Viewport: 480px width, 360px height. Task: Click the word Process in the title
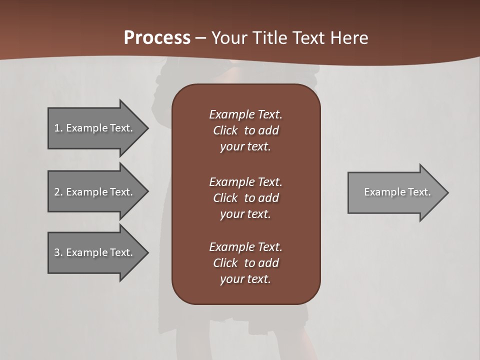[x=157, y=38]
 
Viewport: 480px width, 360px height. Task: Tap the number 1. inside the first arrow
[x=58, y=128]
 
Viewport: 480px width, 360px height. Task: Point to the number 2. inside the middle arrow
[x=58, y=192]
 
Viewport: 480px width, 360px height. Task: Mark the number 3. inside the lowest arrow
[x=58, y=252]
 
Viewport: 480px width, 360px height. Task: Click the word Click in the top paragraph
[x=225, y=130]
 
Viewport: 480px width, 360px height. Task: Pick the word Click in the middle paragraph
[x=225, y=198]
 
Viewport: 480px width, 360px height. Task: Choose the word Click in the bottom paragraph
[x=225, y=263]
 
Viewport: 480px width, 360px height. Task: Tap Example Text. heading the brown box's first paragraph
[x=245, y=114]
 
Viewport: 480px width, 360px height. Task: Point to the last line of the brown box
[x=245, y=279]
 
